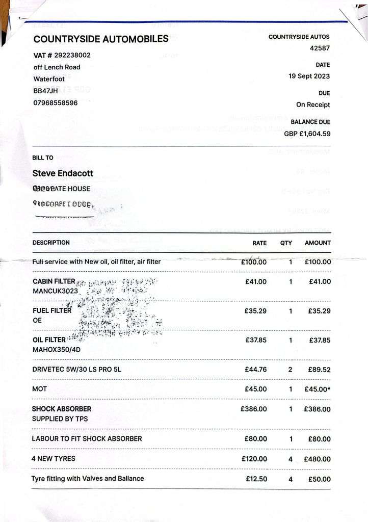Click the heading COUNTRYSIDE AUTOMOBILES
click(101, 39)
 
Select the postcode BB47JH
click(46, 91)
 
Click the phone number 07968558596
click(56, 102)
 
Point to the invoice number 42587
click(320, 48)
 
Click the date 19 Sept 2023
click(309, 76)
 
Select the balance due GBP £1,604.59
click(307, 134)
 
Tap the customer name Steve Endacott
click(63, 173)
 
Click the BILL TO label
click(43, 158)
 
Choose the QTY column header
click(286, 243)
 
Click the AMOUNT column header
click(318, 243)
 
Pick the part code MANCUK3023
click(55, 291)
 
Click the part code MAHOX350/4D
click(57, 350)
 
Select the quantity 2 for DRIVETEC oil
click(290, 370)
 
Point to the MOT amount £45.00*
click(318, 389)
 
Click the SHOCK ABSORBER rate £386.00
click(253, 409)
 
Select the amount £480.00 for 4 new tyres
click(317, 459)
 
